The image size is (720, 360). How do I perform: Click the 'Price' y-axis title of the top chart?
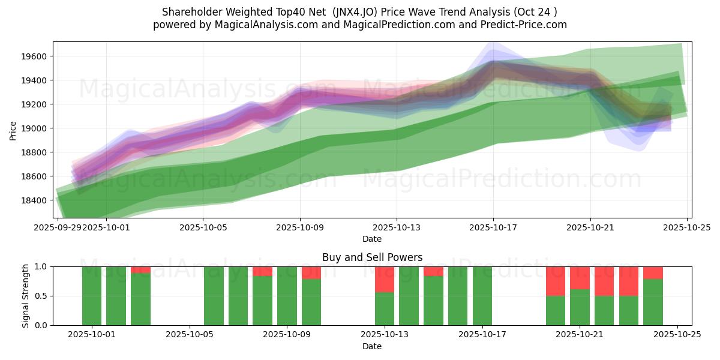13,130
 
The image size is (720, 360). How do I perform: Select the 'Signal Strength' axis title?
25,296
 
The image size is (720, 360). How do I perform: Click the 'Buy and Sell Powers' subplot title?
372,257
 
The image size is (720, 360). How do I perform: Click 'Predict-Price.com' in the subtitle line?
521,25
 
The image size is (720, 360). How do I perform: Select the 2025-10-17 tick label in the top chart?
493,227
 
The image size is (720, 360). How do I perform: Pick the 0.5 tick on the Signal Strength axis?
42,296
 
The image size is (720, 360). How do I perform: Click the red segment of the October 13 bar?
385,279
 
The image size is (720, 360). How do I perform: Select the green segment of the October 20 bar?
556,311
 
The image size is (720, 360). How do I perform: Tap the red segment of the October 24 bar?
653,273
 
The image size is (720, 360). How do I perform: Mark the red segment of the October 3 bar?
140,270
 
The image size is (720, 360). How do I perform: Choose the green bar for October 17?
482,296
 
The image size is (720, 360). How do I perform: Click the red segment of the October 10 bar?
311,273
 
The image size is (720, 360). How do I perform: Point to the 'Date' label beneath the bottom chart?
372,346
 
